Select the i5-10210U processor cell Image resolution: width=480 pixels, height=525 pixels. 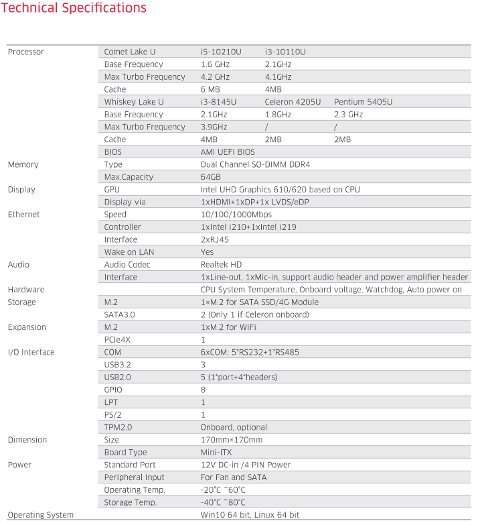click(x=221, y=52)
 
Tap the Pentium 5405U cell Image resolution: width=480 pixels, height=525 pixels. click(x=363, y=102)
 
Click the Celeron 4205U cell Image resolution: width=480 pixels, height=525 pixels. click(x=293, y=102)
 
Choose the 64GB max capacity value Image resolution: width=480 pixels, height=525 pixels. click(x=211, y=177)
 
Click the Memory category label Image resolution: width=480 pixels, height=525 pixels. click(x=23, y=165)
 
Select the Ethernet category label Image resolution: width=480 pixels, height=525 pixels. click(x=23, y=215)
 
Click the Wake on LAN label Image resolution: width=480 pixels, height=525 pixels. click(x=130, y=252)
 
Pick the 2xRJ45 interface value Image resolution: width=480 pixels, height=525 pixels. click(x=215, y=239)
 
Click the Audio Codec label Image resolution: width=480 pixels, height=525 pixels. click(x=127, y=265)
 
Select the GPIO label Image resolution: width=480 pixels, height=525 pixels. click(x=113, y=390)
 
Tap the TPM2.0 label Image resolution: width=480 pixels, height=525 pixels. click(x=118, y=427)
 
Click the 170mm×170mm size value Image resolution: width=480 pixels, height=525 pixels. click(x=232, y=440)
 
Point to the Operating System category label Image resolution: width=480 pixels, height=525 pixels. click(x=40, y=515)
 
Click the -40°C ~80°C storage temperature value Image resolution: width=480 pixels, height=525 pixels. click(x=223, y=502)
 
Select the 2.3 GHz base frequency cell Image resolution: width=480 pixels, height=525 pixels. click(x=348, y=115)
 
